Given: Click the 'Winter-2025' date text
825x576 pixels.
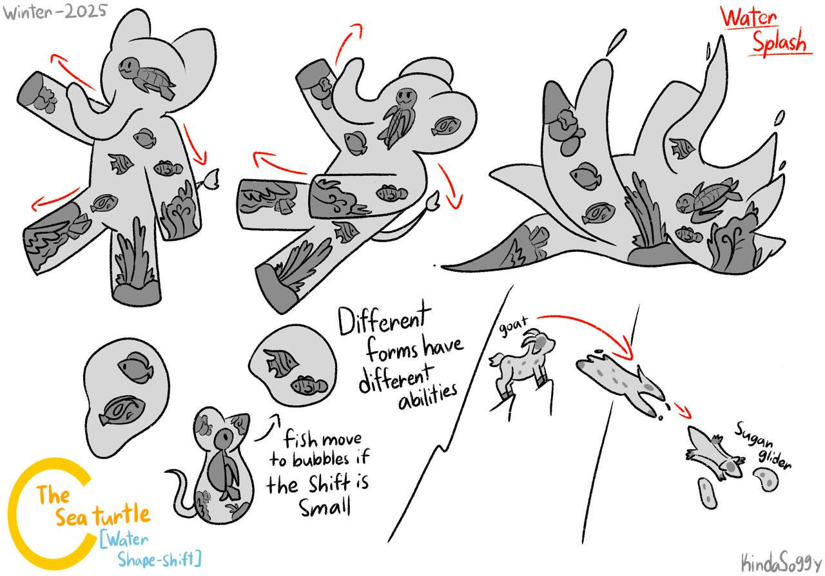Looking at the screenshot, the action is click(55, 12).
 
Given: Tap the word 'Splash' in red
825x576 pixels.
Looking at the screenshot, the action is click(780, 42).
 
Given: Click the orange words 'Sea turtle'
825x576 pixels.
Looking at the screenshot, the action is click(103, 515).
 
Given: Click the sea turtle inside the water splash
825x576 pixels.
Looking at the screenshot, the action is click(707, 198).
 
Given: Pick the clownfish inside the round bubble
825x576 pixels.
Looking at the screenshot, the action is click(309, 385).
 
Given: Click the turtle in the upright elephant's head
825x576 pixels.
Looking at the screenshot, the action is click(146, 76).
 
